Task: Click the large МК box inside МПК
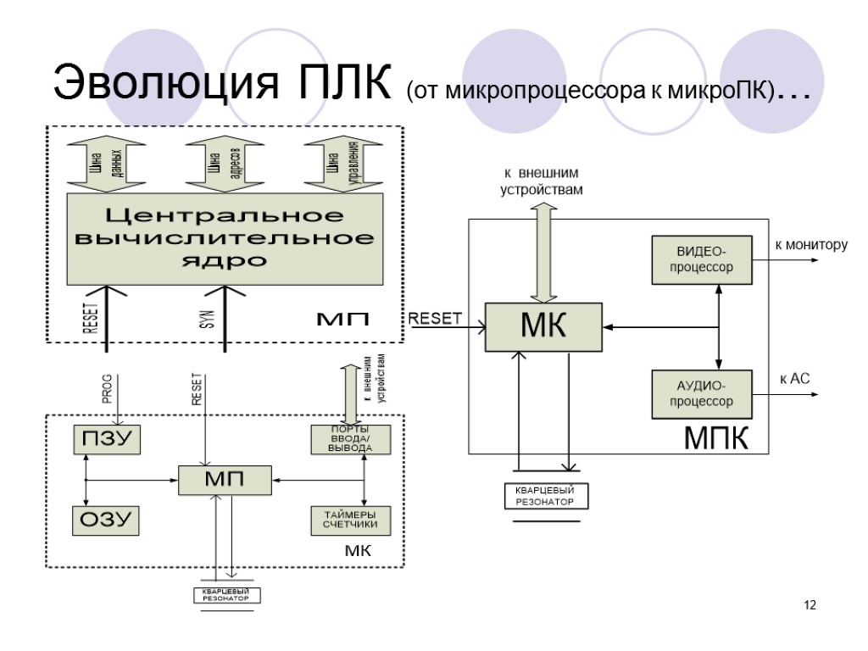(x=543, y=326)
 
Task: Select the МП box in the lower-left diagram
(x=225, y=480)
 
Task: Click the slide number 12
(x=810, y=605)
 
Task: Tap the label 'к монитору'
(x=810, y=245)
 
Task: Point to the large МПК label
(x=716, y=440)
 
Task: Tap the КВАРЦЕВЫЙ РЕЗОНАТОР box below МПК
(x=546, y=496)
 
